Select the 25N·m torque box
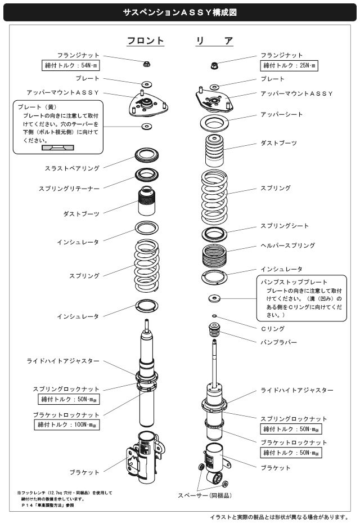(x=290, y=66)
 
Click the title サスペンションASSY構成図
(x=180, y=11)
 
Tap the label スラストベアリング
(x=72, y=168)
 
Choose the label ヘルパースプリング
(x=287, y=246)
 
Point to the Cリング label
(x=273, y=328)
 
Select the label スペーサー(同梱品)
(x=205, y=495)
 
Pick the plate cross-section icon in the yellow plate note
(x=58, y=147)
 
